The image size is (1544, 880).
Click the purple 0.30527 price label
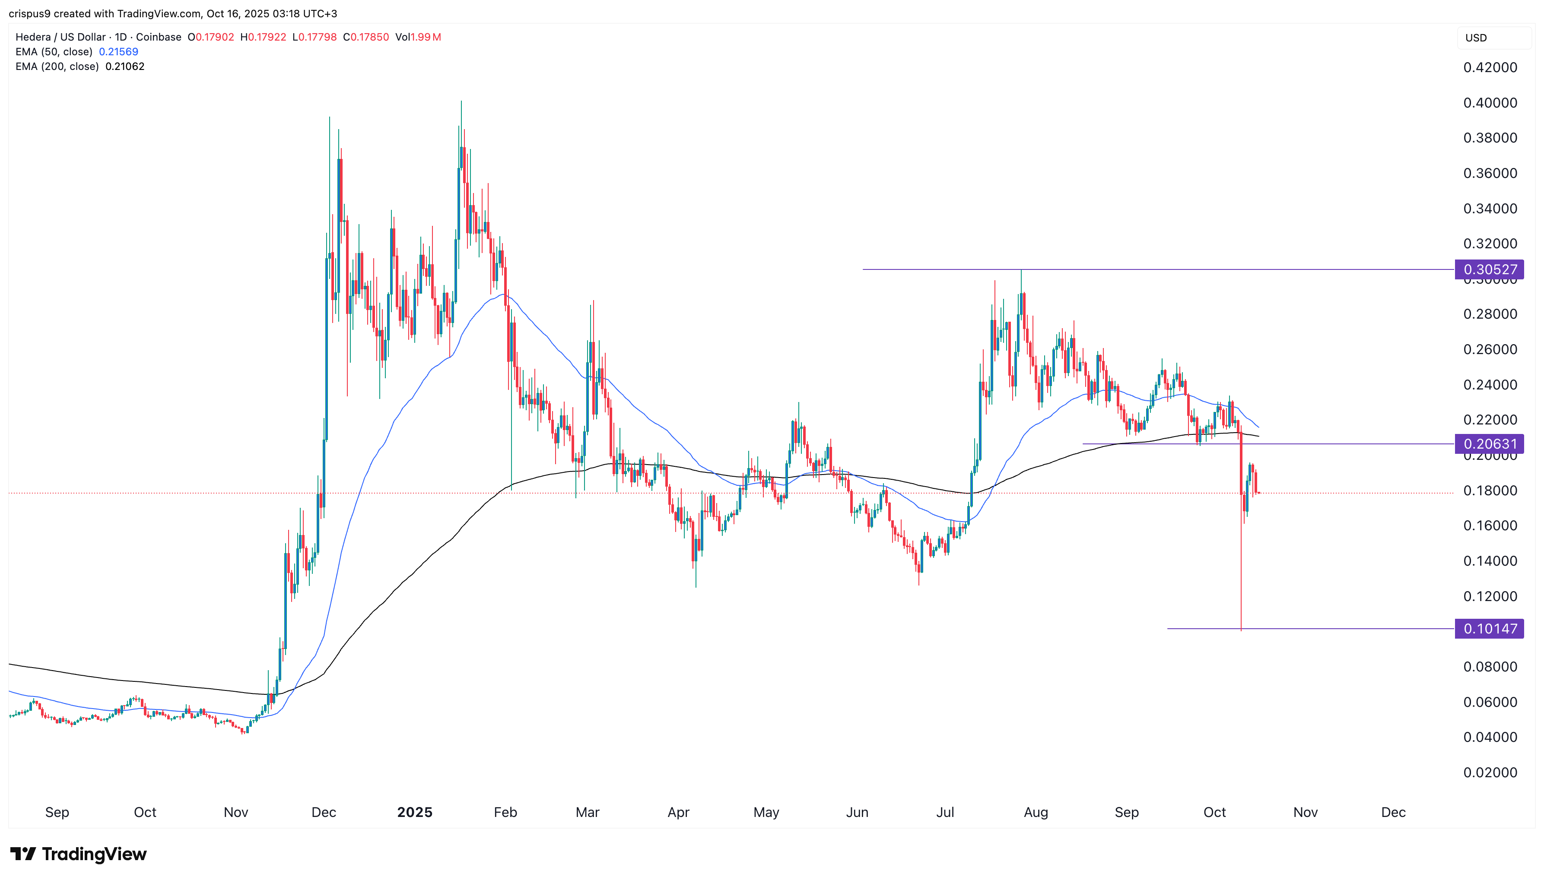[x=1489, y=269]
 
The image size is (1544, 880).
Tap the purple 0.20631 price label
[x=1489, y=444]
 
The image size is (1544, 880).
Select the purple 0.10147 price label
[x=1489, y=629]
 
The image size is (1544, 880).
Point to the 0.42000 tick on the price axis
[x=1490, y=68]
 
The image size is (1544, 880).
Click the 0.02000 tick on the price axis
[x=1490, y=773]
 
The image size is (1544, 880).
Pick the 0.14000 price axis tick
[x=1490, y=561]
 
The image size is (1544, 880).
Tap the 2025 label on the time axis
[x=414, y=812]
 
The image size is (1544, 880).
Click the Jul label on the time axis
[x=944, y=812]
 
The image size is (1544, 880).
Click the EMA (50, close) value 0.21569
[x=118, y=52]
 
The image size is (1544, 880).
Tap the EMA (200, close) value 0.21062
[x=124, y=66]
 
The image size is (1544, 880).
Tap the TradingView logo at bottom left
[x=79, y=854]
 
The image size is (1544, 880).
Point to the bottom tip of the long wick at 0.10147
[x=1241, y=630]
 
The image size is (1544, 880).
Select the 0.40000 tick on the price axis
[x=1490, y=103]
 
